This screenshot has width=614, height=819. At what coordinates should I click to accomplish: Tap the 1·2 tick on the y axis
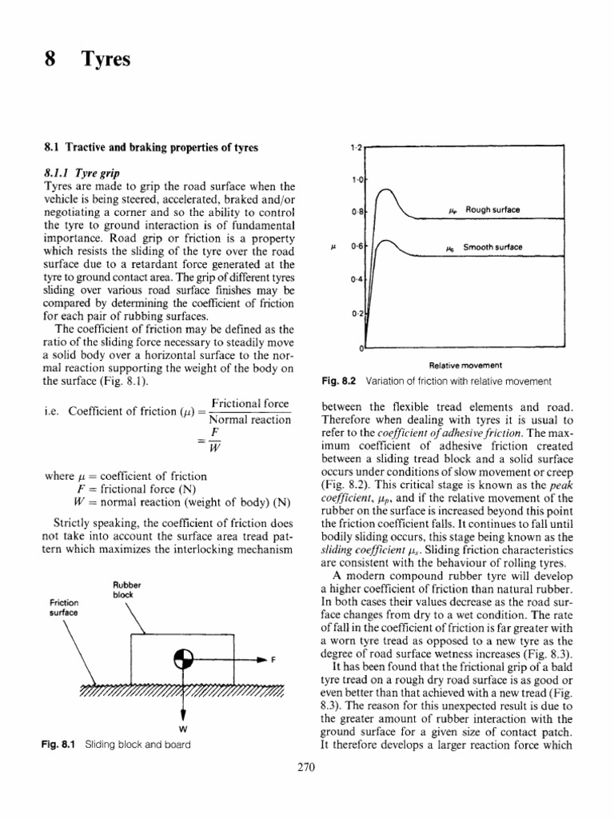[357, 148]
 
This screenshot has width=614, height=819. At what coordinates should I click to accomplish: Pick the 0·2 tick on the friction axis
[357, 313]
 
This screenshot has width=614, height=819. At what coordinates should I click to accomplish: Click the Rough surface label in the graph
[492, 210]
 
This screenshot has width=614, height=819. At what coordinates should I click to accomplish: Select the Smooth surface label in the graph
[493, 247]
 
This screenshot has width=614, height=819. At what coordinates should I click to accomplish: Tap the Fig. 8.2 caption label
[337, 379]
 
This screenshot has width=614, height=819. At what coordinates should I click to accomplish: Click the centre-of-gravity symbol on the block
[183, 659]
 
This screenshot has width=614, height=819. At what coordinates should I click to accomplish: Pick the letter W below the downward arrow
[184, 729]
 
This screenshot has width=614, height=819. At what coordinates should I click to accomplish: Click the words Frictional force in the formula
[250, 404]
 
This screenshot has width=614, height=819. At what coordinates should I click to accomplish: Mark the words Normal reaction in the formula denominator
[249, 419]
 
